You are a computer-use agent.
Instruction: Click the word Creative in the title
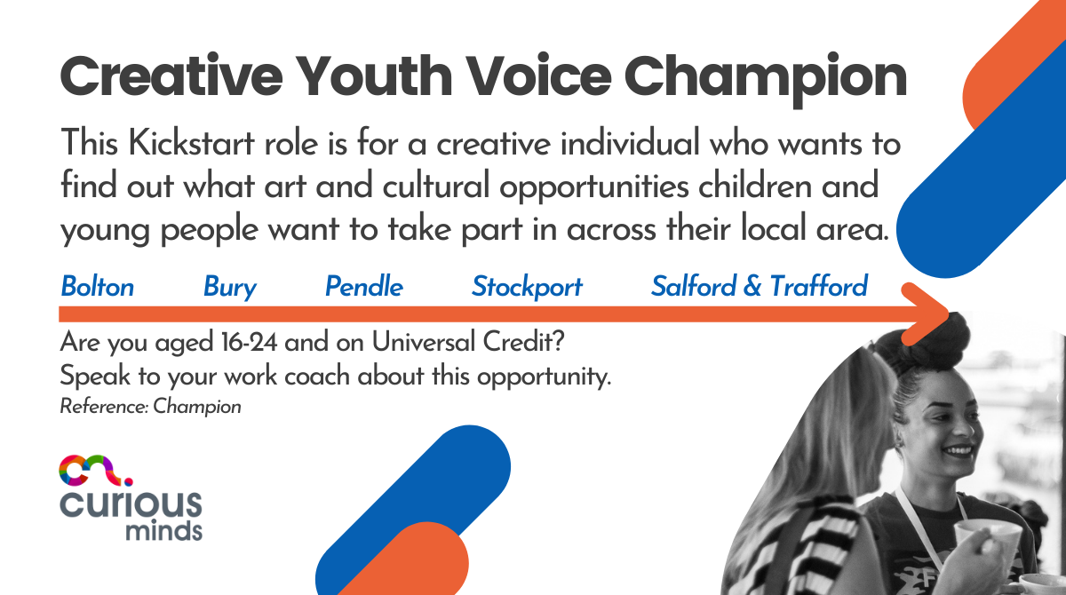point(171,76)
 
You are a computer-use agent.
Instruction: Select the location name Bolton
point(98,286)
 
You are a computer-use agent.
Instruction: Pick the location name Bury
point(230,287)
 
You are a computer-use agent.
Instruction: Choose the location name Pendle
point(364,286)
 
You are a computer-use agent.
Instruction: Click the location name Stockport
point(527,287)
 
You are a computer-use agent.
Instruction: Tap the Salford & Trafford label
point(760,286)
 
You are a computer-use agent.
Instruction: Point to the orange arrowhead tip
point(948,313)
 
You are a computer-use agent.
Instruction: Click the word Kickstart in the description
point(191,143)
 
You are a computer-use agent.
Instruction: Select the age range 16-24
point(249,342)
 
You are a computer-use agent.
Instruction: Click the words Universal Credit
point(468,342)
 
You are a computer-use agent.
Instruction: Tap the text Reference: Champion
point(150,407)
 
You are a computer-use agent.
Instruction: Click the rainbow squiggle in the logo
point(95,471)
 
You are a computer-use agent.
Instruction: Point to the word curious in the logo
point(131,504)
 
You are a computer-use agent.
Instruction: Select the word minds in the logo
point(164,531)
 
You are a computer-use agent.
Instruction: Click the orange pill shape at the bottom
point(410,561)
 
